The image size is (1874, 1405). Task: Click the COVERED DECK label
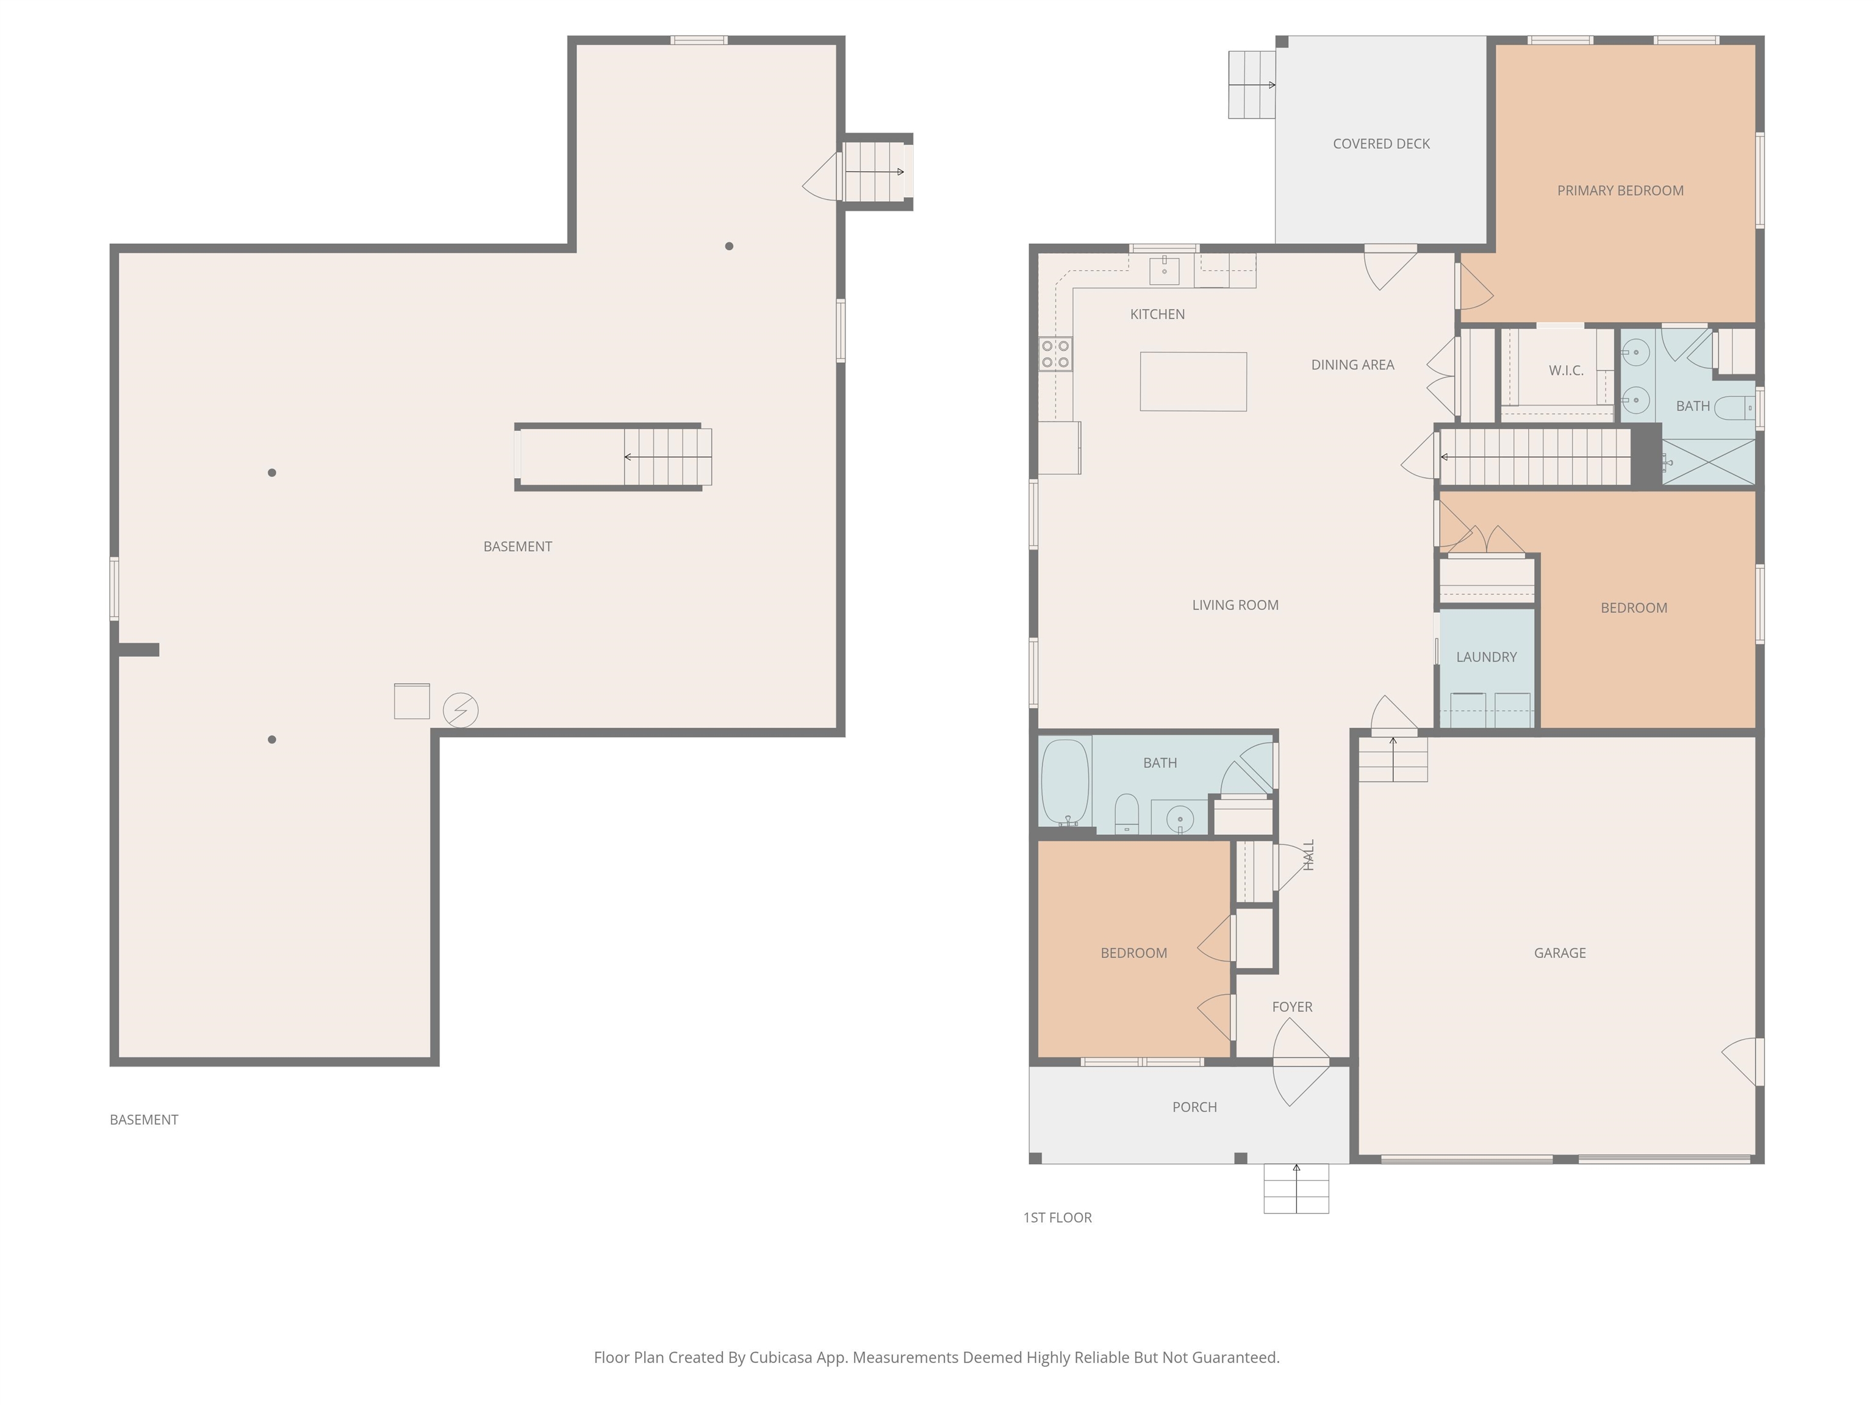tap(1381, 144)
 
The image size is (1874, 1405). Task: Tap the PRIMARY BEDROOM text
tap(1620, 190)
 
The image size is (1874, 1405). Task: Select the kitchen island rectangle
tap(1193, 381)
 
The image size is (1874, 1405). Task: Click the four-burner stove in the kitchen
tap(1055, 354)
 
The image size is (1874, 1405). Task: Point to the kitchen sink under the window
tap(1164, 271)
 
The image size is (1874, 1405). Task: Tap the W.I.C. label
tap(1565, 370)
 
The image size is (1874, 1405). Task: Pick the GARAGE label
tap(1560, 953)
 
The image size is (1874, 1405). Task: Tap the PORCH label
tap(1194, 1107)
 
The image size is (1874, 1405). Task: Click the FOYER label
tap(1292, 1007)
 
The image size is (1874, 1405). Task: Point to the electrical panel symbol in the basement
tap(461, 710)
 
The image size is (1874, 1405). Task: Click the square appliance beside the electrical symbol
tap(412, 701)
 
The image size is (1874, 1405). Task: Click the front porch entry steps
tap(1296, 1189)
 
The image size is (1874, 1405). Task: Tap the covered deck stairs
tap(1251, 85)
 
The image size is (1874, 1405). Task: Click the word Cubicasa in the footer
tap(781, 1357)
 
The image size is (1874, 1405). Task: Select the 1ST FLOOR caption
tap(1057, 1218)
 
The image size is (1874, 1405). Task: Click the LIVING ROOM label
tap(1235, 605)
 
